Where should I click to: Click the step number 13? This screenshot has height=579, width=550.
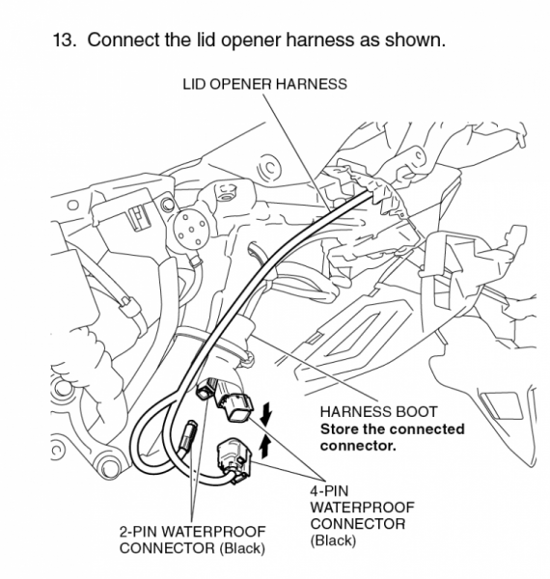61,43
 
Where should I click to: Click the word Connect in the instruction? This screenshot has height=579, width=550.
122,43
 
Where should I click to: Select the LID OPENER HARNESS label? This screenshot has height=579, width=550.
264,85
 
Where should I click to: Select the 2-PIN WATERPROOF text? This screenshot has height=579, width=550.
192,532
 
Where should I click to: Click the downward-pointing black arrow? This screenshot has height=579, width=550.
266,415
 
